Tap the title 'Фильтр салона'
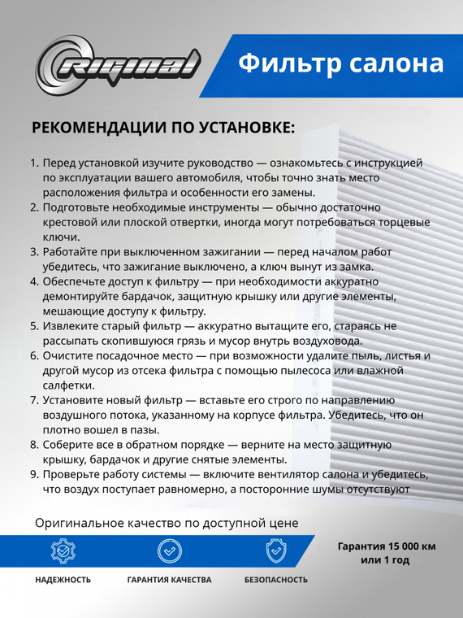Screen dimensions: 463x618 coord(341,63)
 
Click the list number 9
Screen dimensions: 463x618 coord(34,474)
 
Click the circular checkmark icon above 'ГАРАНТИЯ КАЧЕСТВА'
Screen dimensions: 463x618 coord(169,551)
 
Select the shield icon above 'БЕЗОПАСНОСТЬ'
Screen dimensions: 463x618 coord(276,551)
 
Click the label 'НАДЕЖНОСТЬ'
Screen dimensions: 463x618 coord(63,580)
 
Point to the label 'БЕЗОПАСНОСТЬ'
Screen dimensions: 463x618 coord(276,580)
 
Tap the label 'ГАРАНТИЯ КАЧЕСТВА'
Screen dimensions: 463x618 coord(169,580)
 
